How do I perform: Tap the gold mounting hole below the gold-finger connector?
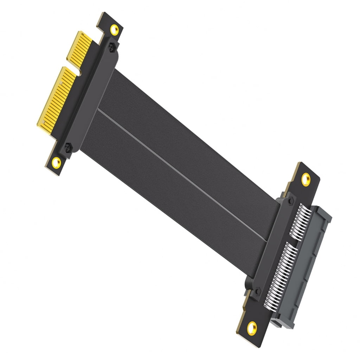tap(56, 162)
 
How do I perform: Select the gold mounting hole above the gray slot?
tap(306, 179)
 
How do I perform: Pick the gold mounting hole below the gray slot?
tap(252, 328)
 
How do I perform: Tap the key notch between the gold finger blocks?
tap(78, 71)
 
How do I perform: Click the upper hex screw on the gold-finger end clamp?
tap(112, 47)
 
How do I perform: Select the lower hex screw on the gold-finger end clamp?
tap(68, 147)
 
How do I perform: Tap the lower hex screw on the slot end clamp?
tap(258, 291)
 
